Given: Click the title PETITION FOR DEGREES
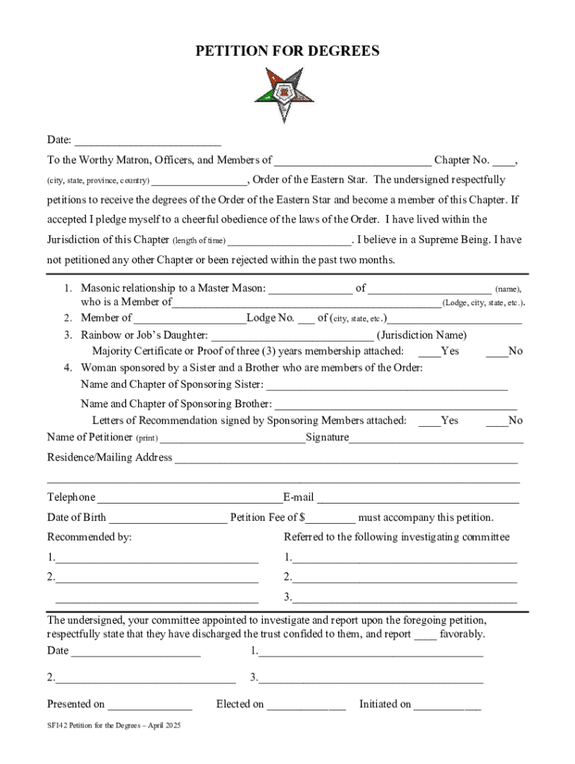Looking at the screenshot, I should pyautogui.click(x=287, y=51).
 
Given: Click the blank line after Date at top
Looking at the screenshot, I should pyautogui.click(x=147, y=142).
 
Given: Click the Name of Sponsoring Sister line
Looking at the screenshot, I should pyautogui.click(x=387, y=386).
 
